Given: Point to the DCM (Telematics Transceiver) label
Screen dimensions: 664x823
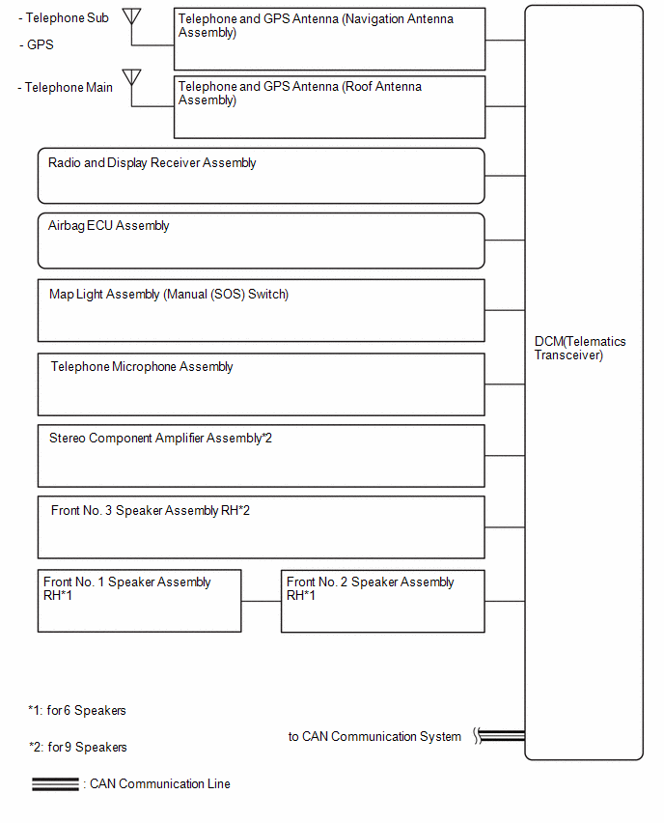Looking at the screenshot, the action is point(580,348).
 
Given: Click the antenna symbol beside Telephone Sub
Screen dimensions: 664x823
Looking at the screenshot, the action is point(131,16).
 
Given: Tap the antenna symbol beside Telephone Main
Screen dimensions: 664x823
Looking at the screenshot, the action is point(131,77).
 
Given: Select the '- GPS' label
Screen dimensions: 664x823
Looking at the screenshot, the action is point(37,44).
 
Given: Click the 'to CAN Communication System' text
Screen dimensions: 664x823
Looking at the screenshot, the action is point(374,736).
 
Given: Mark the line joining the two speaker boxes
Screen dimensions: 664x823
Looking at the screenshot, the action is point(262,601).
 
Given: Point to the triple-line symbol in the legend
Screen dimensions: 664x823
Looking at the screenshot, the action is point(55,783).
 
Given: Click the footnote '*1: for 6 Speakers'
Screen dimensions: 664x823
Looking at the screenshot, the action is point(77,710).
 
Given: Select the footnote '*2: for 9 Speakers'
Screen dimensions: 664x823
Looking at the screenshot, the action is point(78,747).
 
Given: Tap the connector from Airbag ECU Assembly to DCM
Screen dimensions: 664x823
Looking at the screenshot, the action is point(505,241).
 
